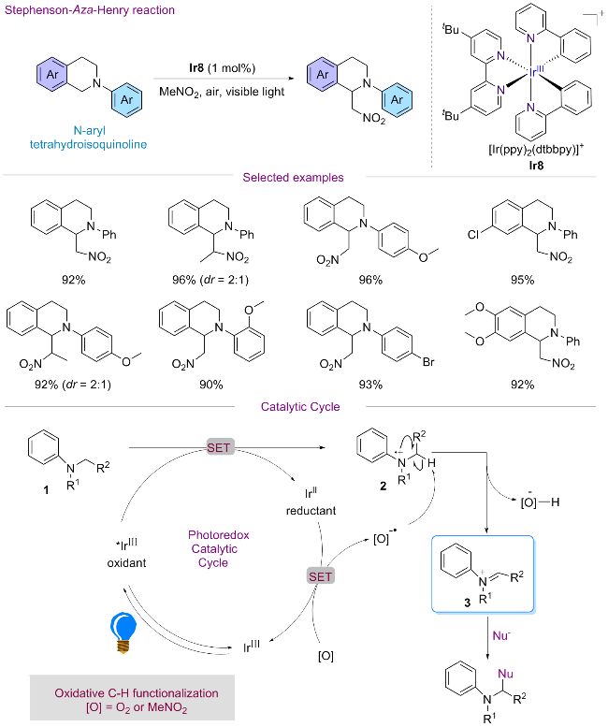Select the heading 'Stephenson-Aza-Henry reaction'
pos(72,9)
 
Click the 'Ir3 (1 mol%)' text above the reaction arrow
pos(222,67)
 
